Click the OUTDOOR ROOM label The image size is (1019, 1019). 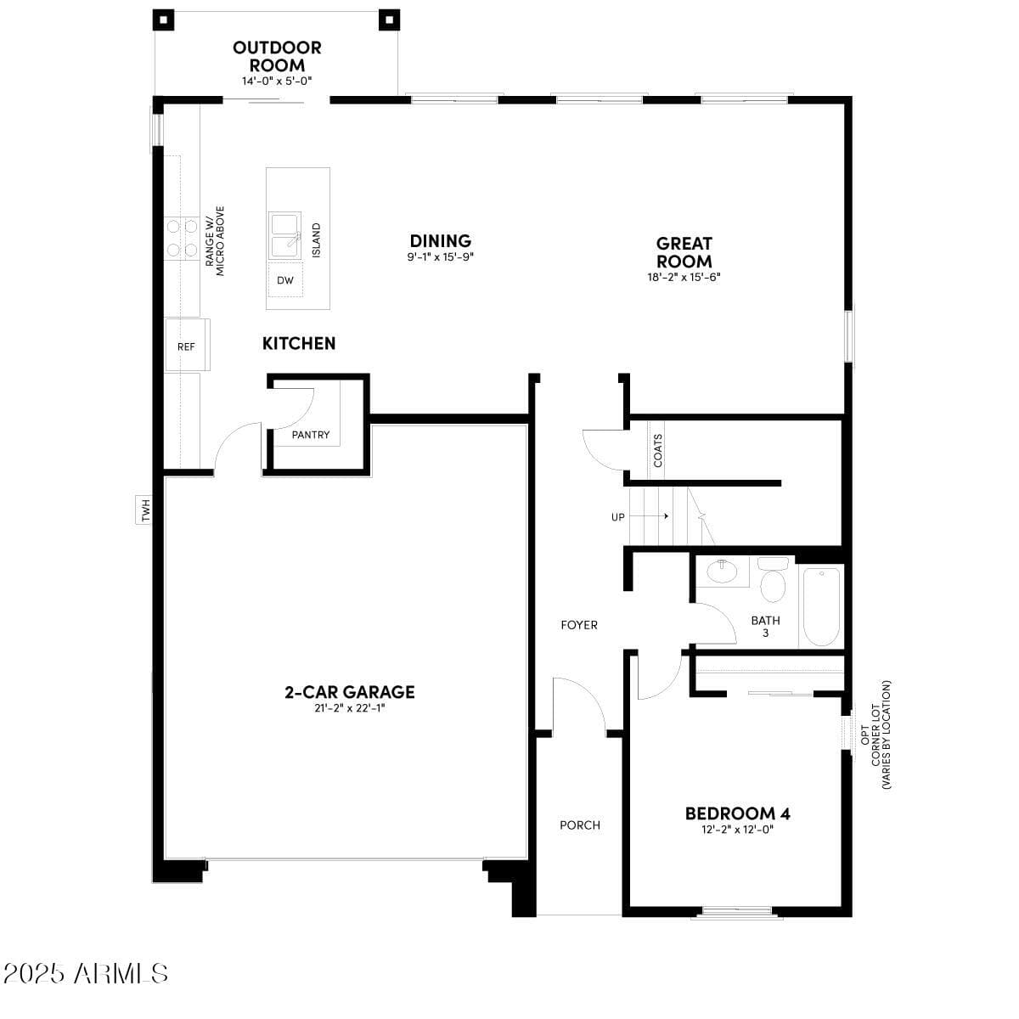pos(277,56)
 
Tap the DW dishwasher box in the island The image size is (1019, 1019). pos(285,279)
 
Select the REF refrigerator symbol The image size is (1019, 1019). pos(186,346)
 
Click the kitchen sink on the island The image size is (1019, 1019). pos(285,235)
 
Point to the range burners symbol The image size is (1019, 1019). pos(181,238)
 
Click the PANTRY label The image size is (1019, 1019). pos(310,435)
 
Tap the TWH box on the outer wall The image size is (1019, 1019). pos(144,509)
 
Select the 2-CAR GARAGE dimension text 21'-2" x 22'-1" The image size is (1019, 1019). pos(349,708)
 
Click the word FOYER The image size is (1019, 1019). pos(579,625)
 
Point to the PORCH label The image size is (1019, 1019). pos(580,825)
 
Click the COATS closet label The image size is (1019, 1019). pos(658,451)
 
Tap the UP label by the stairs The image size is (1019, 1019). pos(618,516)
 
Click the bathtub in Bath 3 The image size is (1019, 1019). pos(821,606)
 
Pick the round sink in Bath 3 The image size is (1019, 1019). pos(722,571)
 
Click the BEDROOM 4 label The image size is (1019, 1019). pos(737,814)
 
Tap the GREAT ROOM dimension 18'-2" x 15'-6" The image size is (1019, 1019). pos(684,277)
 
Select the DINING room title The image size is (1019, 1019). pos(440,241)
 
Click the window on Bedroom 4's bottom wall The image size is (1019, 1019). pos(736,913)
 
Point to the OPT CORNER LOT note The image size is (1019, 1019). pos(875,735)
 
